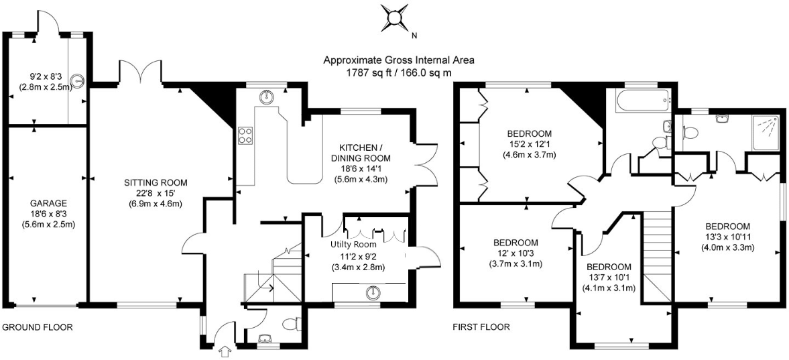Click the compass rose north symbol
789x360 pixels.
(395, 18)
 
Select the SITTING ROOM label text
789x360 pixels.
(156, 182)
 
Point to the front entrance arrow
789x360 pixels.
(225, 351)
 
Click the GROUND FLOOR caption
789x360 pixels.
(37, 328)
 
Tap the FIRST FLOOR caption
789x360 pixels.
(481, 328)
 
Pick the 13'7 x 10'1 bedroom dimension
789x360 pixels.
(609, 278)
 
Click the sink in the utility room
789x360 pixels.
(373, 292)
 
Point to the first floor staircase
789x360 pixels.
(657, 255)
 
